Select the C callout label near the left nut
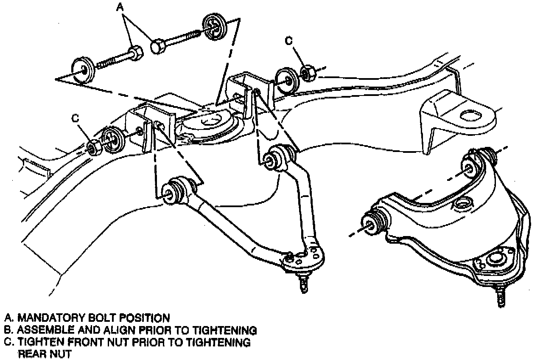click(x=76, y=118)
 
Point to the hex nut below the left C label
click(x=93, y=147)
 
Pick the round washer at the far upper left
click(x=82, y=70)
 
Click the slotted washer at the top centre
click(x=216, y=26)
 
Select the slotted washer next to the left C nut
click(x=112, y=139)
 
